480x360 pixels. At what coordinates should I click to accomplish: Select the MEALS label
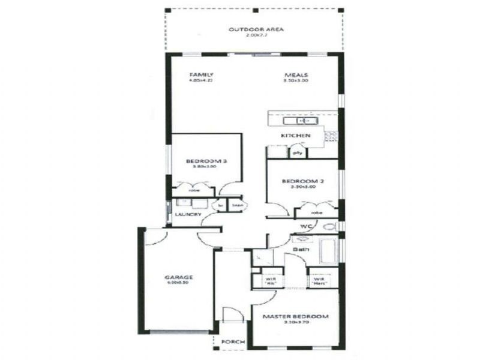(296, 75)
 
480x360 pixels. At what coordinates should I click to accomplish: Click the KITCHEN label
(296, 136)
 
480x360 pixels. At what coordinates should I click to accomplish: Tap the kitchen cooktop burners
(330, 136)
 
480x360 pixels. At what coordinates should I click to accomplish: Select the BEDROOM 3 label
(206, 161)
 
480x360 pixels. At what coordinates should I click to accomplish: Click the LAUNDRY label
(187, 214)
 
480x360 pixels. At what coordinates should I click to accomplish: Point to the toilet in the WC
(328, 227)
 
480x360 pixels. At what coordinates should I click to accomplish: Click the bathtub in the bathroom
(329, 251)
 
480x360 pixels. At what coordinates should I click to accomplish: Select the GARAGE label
(179, 277)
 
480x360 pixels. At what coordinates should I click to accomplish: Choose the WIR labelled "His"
(263, 280)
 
